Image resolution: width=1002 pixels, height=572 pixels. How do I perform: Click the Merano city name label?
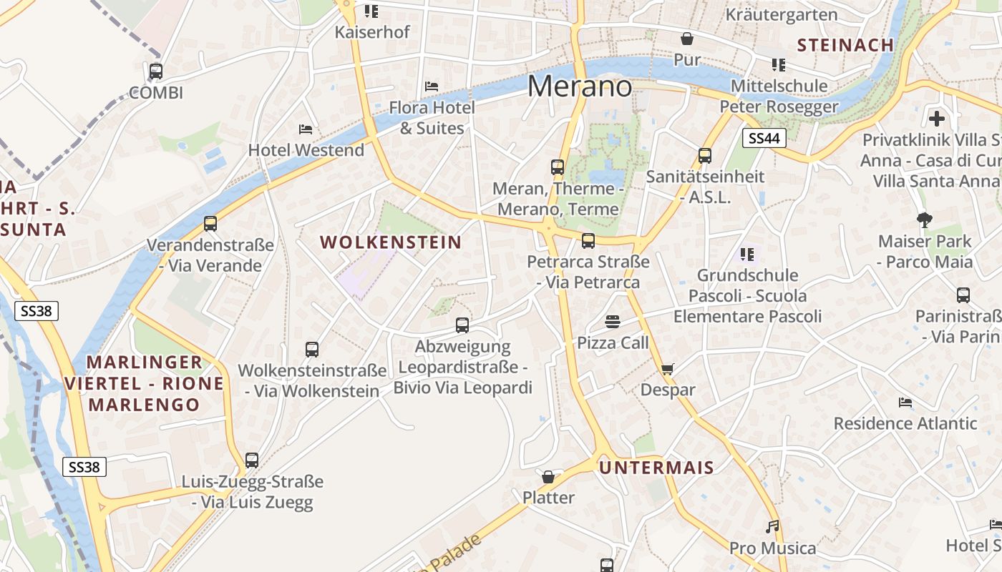(x=580, y=87)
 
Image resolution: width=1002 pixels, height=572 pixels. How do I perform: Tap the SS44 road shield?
(x=764, y=138)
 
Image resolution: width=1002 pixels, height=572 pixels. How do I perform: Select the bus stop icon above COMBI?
(x=156, y=71)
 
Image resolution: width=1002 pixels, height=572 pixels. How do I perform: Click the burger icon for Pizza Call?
(x=612, y=322)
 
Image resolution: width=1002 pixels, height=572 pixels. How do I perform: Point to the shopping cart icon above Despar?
(x=668, y=369)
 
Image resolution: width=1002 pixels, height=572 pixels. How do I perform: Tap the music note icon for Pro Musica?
(x=772, y=527)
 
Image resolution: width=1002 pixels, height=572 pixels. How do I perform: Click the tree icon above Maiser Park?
(x=925, y=220)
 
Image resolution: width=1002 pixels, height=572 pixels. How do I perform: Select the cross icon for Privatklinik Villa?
(x=937, y=119)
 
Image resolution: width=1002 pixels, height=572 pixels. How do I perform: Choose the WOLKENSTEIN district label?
(x=391, y=242)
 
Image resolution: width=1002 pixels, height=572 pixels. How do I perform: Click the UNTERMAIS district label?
(x=656, y=468)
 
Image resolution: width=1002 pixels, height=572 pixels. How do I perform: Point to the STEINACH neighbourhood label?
(x=845, y=45)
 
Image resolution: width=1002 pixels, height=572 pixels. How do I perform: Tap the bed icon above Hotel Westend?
(x=306, y=129)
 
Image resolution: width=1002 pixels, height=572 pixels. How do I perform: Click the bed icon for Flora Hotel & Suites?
(x=432, y=87)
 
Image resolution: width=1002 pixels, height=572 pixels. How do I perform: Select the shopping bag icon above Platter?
(x=548, y=476)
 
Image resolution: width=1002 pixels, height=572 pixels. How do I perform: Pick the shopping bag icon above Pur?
(x=687, y=39)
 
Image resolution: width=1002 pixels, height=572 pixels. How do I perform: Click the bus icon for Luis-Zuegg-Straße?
(x=252, y=460)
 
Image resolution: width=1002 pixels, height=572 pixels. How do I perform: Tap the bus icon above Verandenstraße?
(x=210, y=224)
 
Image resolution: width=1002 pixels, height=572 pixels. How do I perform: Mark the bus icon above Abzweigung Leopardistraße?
(x=462, y=325)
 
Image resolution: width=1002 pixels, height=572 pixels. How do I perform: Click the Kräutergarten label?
(x=781, y=14)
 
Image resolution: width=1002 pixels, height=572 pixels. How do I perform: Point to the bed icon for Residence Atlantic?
(x=905, y=403)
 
